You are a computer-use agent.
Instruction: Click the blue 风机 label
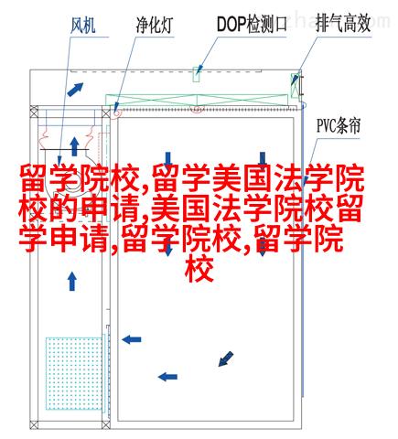[83, 25]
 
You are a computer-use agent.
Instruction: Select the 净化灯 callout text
[155, 25]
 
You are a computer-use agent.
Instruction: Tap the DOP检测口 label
[252, 24]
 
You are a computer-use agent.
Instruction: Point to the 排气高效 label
[343, 24]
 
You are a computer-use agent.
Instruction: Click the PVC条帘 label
[339, 125]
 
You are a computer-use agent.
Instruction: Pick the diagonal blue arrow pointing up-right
[75, 90]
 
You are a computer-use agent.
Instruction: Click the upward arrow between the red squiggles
[74, 146]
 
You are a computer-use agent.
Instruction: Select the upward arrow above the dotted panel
[72, 282]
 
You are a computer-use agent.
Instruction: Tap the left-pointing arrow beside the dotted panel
[132, 339]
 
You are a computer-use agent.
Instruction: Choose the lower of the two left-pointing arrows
[167, 377]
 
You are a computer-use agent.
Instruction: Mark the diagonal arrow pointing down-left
[226, 359]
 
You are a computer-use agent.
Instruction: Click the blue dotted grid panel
[74, 373]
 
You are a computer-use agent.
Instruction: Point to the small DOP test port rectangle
[197, 74]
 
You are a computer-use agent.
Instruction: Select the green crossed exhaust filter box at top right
[295, 85]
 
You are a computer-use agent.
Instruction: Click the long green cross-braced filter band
[197, 100]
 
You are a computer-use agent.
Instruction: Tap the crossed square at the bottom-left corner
[34, 424]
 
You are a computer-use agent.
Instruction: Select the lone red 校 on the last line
[199, 270]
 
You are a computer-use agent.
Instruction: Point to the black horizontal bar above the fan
[65, 149]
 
